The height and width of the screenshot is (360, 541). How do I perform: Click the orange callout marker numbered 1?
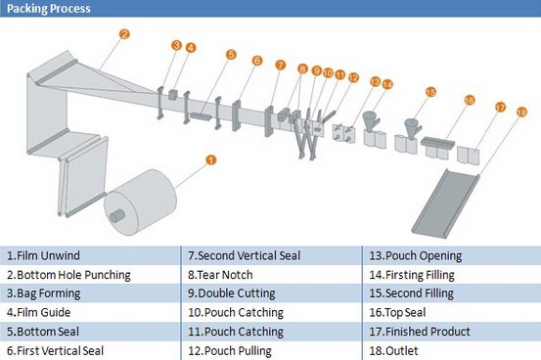(210, 160)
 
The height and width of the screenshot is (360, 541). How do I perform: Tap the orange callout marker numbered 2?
(124, 34)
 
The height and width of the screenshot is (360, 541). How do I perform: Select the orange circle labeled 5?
(231, 54)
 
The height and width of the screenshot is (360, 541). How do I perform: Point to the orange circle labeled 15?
(430, 92)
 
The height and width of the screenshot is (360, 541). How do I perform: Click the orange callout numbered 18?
(521, 112)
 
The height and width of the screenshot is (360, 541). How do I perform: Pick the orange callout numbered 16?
(470, 100)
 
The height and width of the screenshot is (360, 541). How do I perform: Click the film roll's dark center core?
(117, 216)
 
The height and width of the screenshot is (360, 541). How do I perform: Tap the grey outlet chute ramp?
(445, 203)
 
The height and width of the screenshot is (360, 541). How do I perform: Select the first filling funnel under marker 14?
(371, 121)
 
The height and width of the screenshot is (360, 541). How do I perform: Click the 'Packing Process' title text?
(49, 8)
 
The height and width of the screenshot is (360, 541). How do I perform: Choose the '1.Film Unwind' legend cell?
(43, 255)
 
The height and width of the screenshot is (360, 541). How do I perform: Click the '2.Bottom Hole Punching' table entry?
(68, 275)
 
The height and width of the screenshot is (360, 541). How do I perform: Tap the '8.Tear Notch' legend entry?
(220, 275)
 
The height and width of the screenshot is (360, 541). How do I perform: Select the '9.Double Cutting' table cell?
(232, 293)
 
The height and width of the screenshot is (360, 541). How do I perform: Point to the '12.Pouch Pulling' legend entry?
(230, 350)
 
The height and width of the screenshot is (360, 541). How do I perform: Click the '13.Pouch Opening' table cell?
(416, 255)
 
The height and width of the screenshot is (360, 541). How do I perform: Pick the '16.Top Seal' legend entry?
(397, 313)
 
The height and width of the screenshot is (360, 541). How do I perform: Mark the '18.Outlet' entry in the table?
(393, 350)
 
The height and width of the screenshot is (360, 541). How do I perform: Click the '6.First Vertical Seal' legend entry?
(55, 350)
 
